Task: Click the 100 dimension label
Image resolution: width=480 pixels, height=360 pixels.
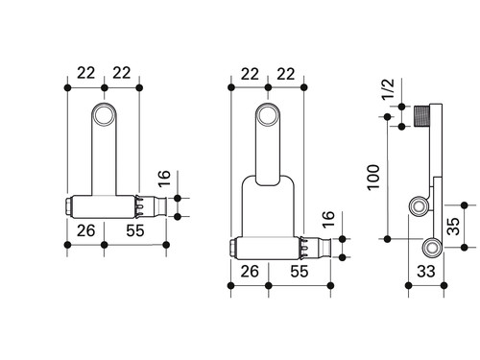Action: (373, 178)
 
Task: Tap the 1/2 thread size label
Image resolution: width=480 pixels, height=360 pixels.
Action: (389, 90)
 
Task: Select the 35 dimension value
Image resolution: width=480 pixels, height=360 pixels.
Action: (453, 226)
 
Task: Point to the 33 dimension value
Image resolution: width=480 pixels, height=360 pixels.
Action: (426, 272)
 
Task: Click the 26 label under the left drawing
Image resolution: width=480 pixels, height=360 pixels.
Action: (85, 230)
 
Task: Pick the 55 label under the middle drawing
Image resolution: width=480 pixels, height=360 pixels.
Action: (300, 272)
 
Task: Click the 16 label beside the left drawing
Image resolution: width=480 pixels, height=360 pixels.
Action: (164, 179)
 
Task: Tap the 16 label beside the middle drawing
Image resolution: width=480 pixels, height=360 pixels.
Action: (328, 220)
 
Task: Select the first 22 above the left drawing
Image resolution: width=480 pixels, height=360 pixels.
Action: (85, 73)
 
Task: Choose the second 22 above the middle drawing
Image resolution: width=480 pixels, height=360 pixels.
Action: (285, 74)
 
